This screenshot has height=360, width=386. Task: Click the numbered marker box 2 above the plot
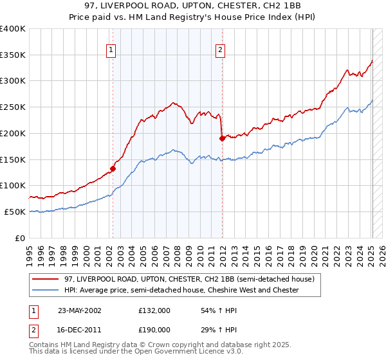point(221,50)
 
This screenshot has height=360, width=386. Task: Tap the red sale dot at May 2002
point(113,169)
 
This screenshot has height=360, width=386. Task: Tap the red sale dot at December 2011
point(222,138)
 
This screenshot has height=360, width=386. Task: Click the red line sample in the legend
point(46,279)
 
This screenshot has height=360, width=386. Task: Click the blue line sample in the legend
point(46,291)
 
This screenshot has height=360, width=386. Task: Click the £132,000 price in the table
point(154,310)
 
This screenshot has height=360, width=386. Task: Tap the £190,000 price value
point(154,330)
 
